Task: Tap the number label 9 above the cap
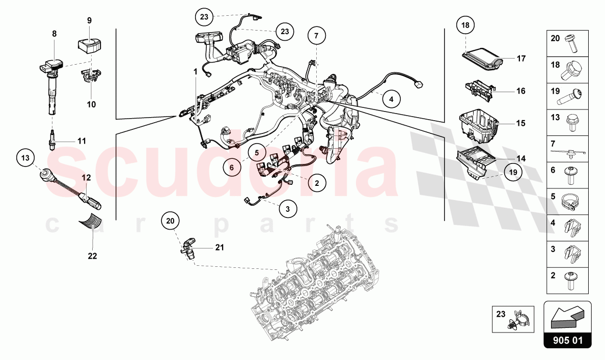coord(89,21)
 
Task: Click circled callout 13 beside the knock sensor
coord(25,158)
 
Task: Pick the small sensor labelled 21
coord(188,248)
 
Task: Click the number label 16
coord(520,91)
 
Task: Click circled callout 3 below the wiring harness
coord(287,208)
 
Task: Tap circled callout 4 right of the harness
coord(391,100)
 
